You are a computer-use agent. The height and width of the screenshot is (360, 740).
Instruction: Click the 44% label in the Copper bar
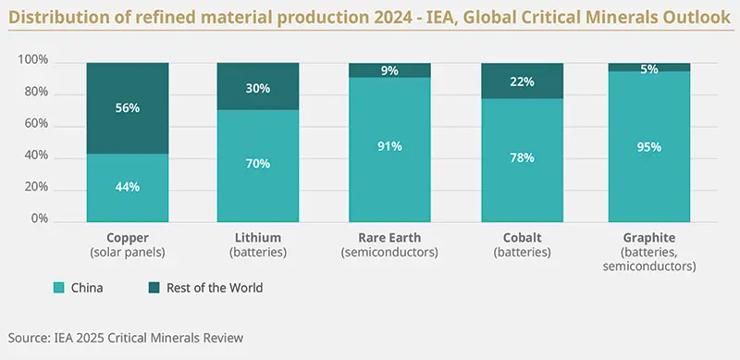tap(127, 187)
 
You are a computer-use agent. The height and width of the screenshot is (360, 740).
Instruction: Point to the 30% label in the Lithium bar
tap(258, 89)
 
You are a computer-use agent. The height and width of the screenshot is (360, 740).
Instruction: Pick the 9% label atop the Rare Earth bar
tap(389, 69)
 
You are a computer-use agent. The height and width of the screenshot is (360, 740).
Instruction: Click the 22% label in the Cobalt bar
tap(522, 82)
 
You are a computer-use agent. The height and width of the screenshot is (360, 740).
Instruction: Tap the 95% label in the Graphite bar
tap(653, 146)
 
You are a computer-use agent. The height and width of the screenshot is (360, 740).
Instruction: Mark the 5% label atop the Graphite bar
tap(653, 68)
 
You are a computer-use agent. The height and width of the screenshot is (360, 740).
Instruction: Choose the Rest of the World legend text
tap(215, 288)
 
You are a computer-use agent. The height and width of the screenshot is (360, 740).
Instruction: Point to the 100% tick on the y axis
tap(32, 62)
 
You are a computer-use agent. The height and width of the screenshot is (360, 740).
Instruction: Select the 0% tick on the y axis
tap(38, 220)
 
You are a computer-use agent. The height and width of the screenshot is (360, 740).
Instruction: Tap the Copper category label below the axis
tap(127, 238)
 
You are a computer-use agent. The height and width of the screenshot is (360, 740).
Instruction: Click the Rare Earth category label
tap(389, 238)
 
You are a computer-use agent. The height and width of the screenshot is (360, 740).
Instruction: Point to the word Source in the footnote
tap(28, 338)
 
